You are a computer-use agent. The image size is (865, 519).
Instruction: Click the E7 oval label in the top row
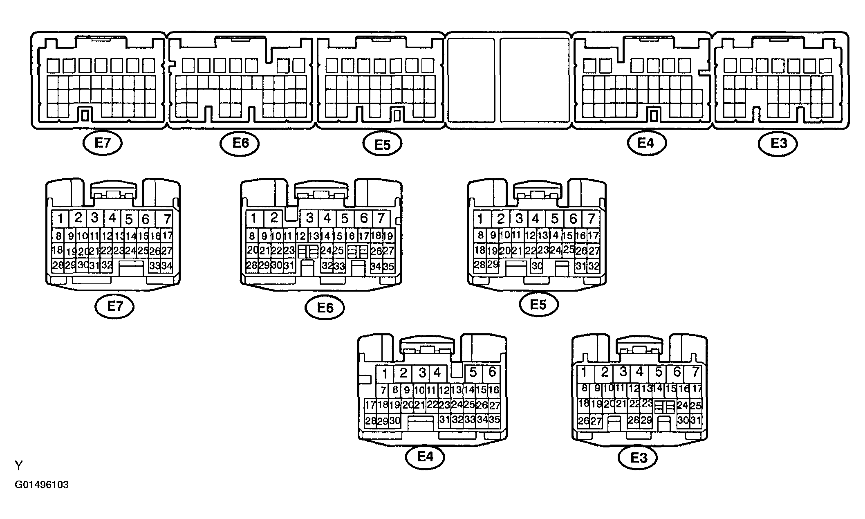click(102, 144)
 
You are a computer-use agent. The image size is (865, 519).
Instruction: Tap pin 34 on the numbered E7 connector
click(166, 266)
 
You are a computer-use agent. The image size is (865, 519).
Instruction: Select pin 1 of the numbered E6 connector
click(254, 218)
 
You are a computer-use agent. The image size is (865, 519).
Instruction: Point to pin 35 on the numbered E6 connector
click(388, 267)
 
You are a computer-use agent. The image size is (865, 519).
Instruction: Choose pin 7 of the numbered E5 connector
click(591, 219)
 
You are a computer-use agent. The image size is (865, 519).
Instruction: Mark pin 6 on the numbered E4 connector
click(492, 372)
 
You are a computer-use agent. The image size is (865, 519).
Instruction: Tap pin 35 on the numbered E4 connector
click(494, 420)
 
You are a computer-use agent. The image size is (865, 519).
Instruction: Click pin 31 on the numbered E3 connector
click(695, 420)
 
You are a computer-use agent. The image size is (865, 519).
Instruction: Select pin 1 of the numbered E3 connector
click(584, 372)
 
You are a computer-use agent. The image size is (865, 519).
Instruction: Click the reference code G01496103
click(42, 485)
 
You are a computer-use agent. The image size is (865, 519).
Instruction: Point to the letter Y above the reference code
click(19, 465)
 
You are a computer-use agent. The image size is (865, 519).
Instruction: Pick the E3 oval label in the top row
click(778, 144)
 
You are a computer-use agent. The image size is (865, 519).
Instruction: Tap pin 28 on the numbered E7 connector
click(58, 265)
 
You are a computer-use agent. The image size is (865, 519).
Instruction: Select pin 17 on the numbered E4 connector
click(370, 405)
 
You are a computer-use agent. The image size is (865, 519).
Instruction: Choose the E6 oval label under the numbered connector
click(325, 308)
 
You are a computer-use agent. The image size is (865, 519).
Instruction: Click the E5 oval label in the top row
click(383, 144)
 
